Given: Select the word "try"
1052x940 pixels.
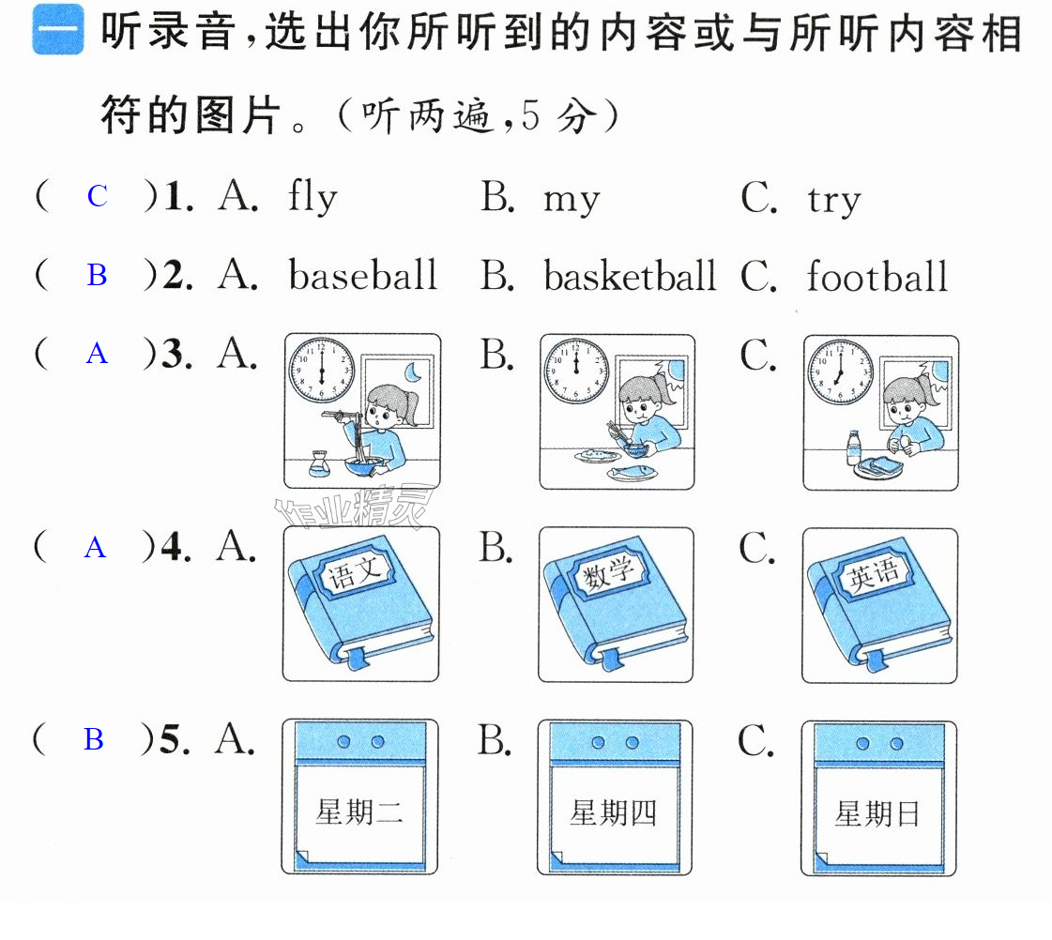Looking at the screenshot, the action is (x=834, y=201).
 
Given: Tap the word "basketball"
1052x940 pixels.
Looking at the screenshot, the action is (x=630, y=276).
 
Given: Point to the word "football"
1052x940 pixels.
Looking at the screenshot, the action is (x=877, y=276).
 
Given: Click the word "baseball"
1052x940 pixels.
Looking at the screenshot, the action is (x=363, y=275).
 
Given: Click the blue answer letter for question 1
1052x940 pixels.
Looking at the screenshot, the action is (x=98, y=196).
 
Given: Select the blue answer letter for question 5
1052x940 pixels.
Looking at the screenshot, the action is (x=94, y=739).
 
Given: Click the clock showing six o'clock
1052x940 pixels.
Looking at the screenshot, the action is (x=321, y=371).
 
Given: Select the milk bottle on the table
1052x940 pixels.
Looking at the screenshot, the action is (x=853, y=447).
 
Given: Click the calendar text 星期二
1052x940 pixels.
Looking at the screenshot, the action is (x=359, y=812).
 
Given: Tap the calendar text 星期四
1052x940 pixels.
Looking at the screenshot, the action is (x=613, y=813).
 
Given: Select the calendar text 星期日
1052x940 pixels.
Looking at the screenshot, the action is (x=877, y=814).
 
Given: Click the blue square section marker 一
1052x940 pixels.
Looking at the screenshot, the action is (x=57, y=29).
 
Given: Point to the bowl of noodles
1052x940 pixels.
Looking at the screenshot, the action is (x=363, y=464).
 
